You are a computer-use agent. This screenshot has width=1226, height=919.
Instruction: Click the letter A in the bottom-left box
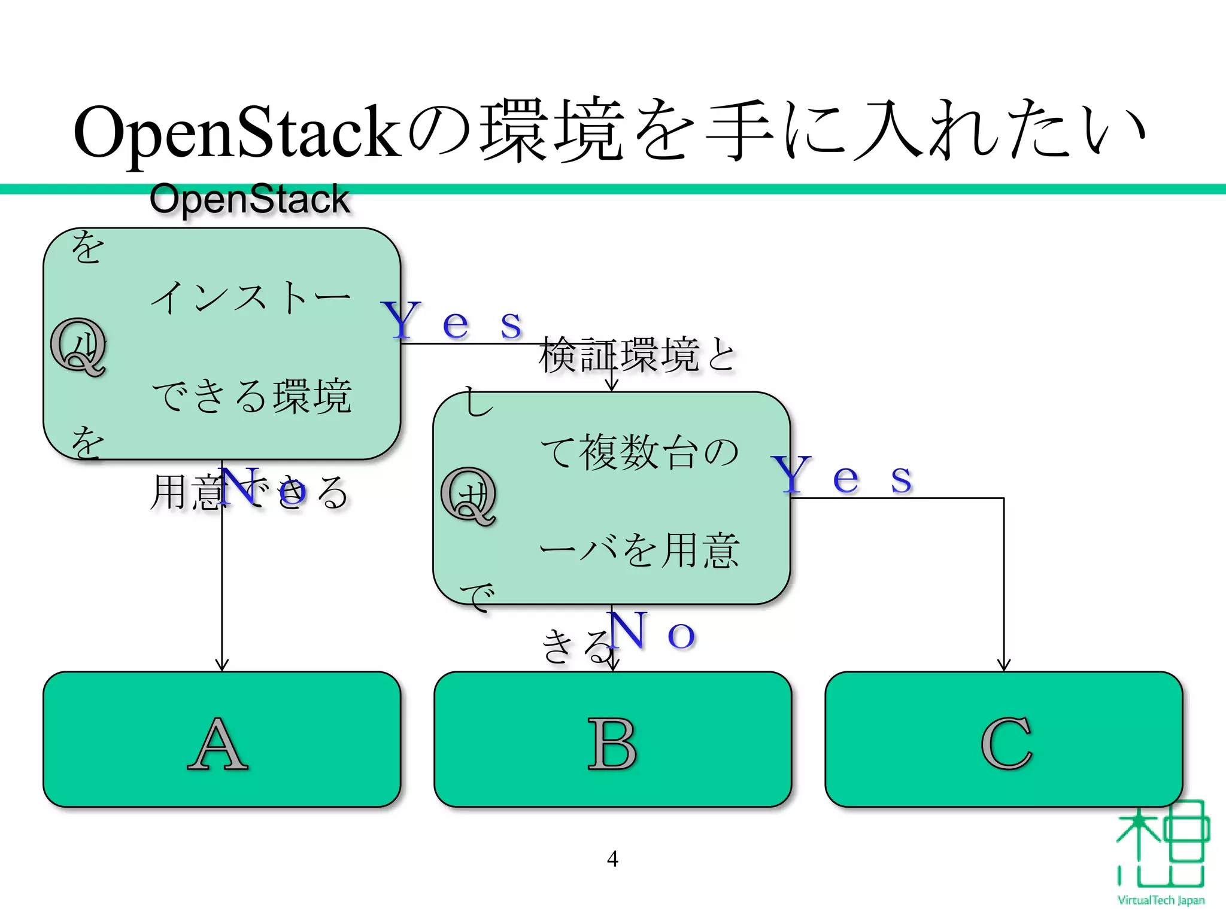coord(218,744)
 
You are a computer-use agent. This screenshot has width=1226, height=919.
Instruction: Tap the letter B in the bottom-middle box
coord(611,744)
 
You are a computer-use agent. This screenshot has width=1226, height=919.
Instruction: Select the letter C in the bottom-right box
coord(1006,744)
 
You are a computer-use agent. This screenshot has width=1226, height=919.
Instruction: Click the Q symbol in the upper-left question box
coord(78,347)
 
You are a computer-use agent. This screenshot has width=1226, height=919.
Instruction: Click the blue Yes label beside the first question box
coord(453,322)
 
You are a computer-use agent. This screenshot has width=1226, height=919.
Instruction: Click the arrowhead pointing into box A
coord(222,665)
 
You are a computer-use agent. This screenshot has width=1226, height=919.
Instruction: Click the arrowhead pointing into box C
coord(1004,665)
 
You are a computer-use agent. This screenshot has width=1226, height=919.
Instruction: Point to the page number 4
coord(612,859)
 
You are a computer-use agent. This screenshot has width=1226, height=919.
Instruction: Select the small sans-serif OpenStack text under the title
coord(250,199)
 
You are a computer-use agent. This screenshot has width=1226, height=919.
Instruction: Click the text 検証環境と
coord(637,355)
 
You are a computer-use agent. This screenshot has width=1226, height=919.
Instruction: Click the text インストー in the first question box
coord(251,297)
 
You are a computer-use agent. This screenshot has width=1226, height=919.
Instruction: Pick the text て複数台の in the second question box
coord(639,453)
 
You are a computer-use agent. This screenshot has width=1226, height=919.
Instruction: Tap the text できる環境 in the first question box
coord(251,396)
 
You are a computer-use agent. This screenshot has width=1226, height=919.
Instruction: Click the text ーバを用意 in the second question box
coord(639,550)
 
